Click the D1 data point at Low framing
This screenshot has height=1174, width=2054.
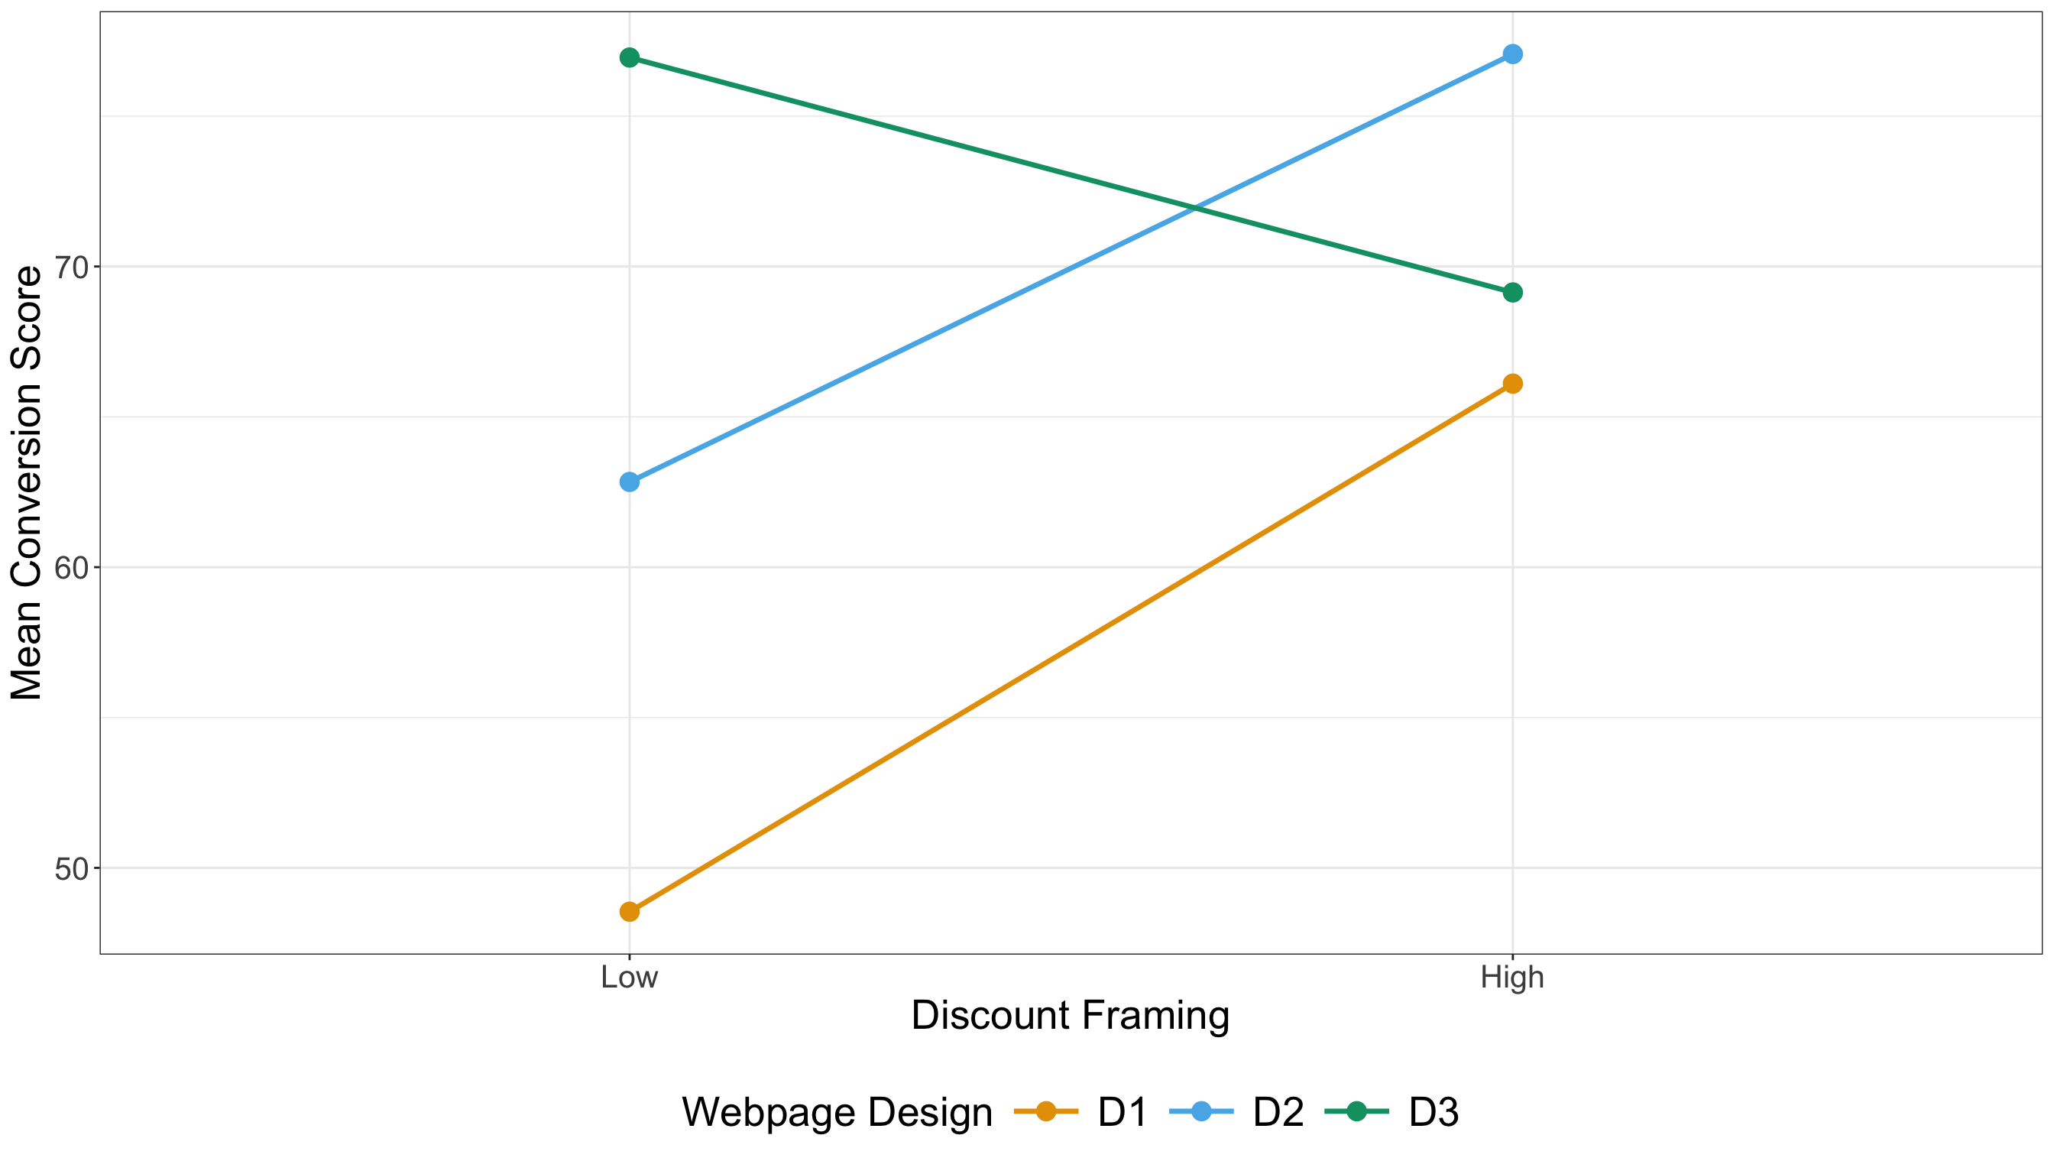630,912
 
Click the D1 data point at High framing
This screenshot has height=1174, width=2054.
1513,384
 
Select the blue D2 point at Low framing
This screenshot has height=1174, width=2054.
630,482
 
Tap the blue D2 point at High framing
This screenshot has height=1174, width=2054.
1513,54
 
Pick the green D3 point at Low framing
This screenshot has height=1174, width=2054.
630,57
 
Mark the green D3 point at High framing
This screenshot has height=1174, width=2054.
1513,292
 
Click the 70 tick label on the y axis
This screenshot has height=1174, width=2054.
71,267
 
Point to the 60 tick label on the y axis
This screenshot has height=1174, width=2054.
71,568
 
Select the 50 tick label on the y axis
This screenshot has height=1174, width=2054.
71,868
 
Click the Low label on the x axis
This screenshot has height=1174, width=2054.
630,978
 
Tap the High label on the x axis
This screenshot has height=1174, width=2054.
1512,978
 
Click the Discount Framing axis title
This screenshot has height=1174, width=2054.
1070,1016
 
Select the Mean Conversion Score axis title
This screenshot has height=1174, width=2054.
26,483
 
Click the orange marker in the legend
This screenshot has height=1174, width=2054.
1045,1111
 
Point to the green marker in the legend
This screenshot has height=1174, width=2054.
1356,1111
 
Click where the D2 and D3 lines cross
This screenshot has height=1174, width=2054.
1195,208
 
